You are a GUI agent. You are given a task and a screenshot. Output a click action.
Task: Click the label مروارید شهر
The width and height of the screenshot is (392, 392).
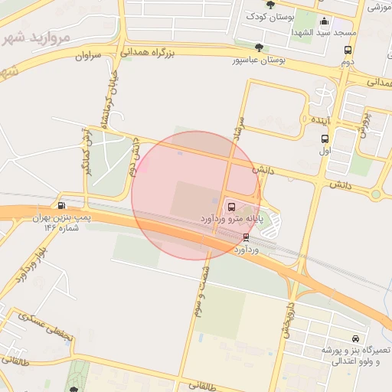tap(43, 37)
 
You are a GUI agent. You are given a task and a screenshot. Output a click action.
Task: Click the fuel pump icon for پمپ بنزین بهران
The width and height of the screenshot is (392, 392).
tap(61, 205)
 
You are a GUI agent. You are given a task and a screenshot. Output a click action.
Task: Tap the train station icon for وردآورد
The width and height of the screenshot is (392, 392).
tap(245, 237)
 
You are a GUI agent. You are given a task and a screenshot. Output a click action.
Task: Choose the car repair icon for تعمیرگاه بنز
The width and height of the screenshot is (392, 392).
tap(355, 338)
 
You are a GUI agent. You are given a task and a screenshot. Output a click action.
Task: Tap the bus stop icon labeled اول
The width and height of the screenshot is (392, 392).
tap(325, 139)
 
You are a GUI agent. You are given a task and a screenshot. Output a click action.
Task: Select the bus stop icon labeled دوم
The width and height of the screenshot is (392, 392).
tap(348, 51)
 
